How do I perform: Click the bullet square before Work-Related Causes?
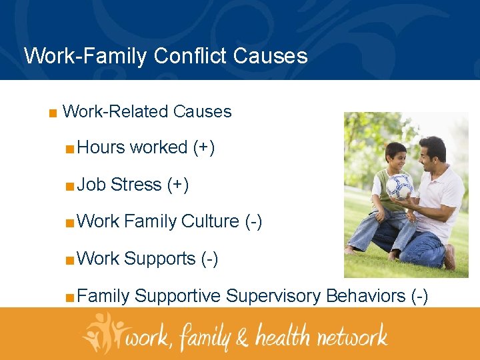52,112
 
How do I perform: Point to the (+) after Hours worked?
203,148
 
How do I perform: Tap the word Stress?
136,185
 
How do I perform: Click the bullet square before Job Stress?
69,185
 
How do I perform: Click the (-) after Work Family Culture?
253,222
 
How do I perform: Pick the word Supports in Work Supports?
159,259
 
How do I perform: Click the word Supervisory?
273,296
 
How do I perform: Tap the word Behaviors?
365,295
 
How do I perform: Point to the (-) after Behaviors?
420,296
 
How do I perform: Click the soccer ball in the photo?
399,186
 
